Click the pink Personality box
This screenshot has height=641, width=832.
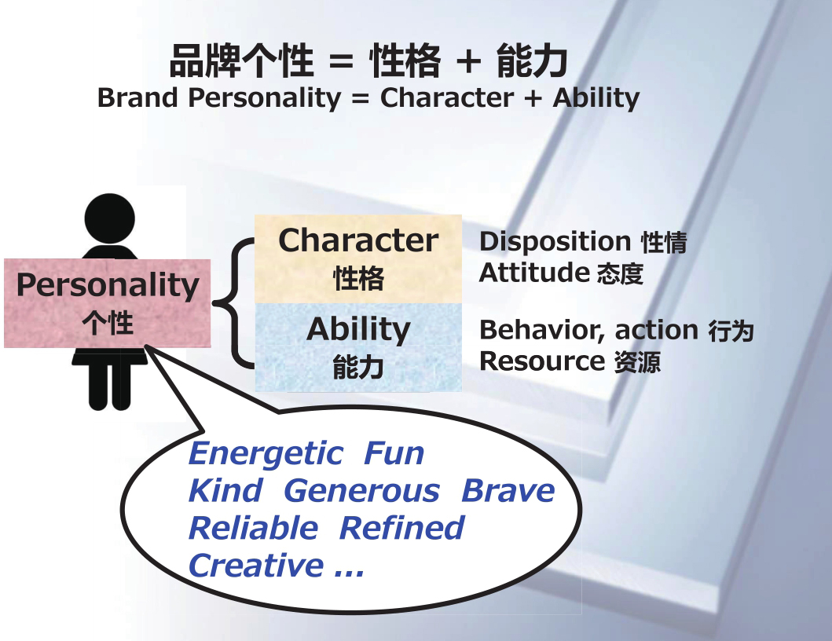(x=107, y=303)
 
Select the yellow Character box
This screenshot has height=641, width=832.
(x=358, y=259)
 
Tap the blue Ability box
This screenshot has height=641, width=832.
(x=358, y=347)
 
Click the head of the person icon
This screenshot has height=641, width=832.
(x=110, y=218)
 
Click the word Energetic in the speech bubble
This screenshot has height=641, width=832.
(x=266, y=455)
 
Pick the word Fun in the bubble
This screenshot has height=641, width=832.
(x=394, y=454)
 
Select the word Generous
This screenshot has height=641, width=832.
(x=362, y=490)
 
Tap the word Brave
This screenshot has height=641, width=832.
(x=508, y=490)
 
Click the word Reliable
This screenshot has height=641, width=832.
(x=254, y=528)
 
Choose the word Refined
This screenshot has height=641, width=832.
(x=401, y=528)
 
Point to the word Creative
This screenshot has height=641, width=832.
(x=256, y=565)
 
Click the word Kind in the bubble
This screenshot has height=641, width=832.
(x=225, y=490)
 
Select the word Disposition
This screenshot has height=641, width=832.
(x=555, y=242)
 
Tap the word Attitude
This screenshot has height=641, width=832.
(x=534, y=273)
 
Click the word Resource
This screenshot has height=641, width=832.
(x=542, y=361)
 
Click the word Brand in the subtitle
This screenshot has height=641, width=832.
(x=137, y=97)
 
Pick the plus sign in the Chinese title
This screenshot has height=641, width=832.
(x=468, y=61)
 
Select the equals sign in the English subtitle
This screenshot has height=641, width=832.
(x=361, y=98)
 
